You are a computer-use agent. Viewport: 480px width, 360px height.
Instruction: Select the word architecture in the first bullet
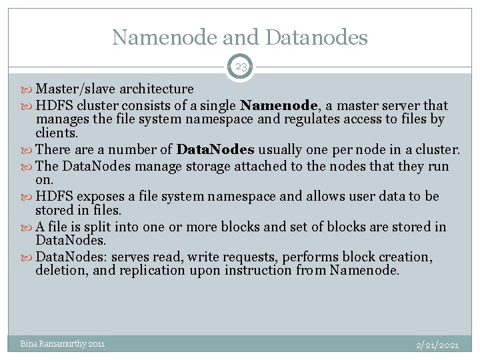pos(156,89)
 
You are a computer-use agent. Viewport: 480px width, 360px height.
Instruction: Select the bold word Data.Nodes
pos(215,149)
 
